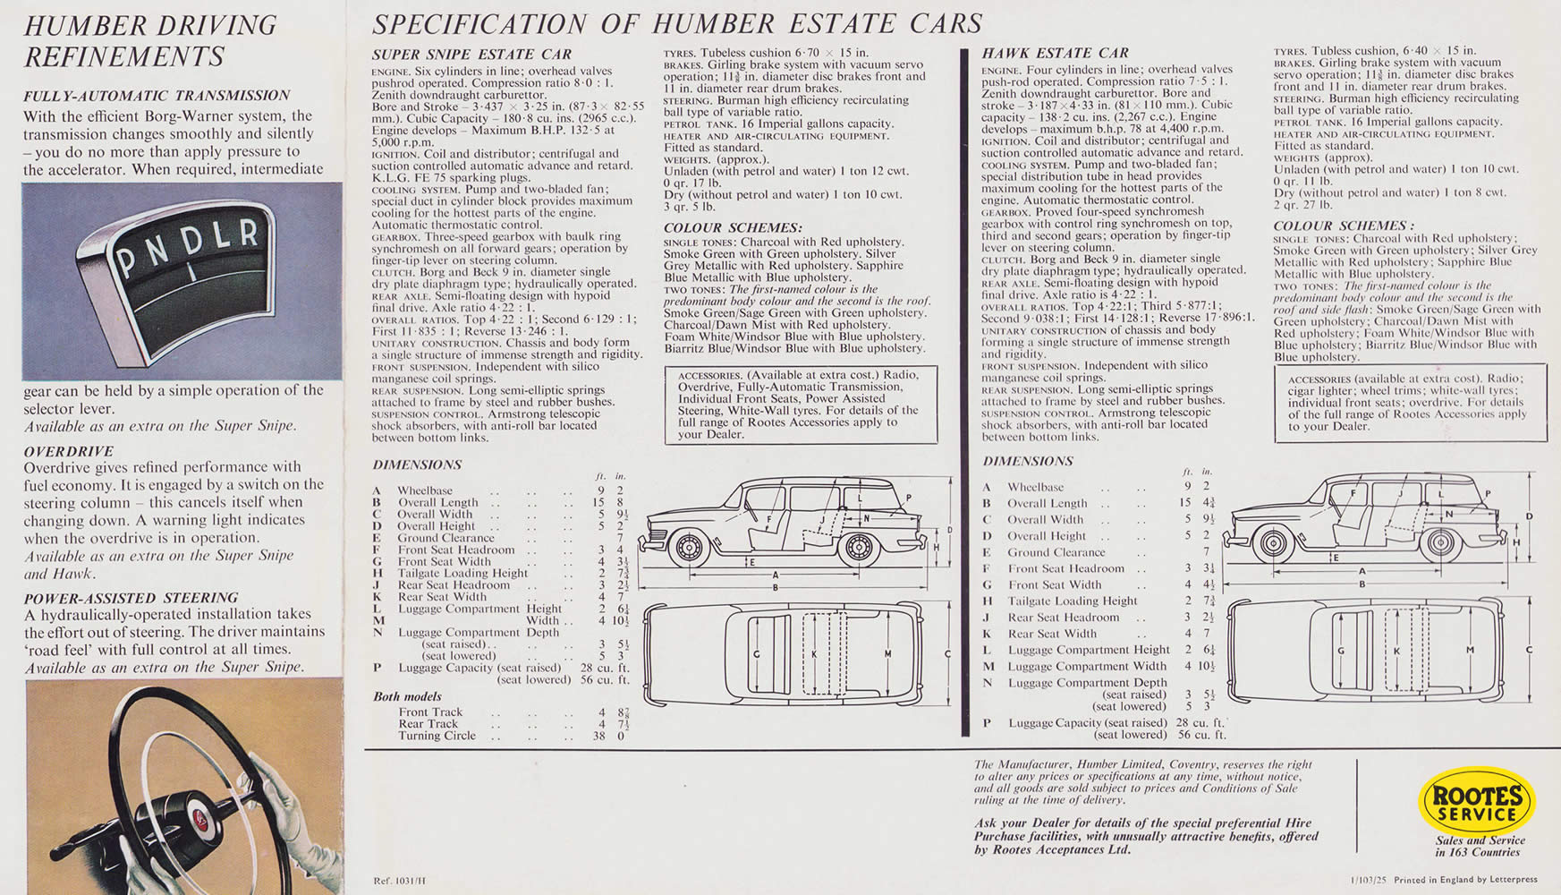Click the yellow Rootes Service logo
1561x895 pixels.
1477,803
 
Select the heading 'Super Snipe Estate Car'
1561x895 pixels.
471,55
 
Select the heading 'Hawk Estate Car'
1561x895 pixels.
1056,53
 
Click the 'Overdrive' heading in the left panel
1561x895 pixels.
69,451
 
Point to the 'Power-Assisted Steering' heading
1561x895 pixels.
131,598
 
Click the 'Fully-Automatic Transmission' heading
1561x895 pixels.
157,96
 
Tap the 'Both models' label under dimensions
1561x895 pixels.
407,696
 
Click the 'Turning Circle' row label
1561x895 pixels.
437,736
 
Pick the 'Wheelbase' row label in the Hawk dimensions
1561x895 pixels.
1035,487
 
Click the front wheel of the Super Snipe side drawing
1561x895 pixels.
689,546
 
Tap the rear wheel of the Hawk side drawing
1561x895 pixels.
1440,542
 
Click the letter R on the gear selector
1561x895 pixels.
250,234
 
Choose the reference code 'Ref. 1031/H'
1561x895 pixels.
400,881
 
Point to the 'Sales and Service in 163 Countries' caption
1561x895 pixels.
1480,846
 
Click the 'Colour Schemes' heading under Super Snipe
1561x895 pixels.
733,228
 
